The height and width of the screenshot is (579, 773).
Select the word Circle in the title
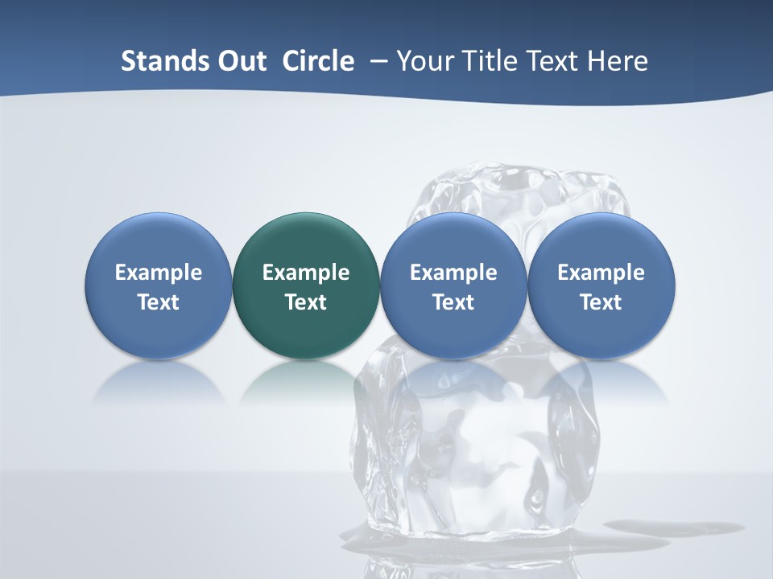click(318, 61)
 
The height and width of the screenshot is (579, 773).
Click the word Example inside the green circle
click(306, 273)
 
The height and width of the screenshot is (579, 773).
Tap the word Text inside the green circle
click(306, 302)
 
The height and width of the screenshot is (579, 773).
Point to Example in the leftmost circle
click(158, 273)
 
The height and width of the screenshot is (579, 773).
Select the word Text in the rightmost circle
click(601, 302)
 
